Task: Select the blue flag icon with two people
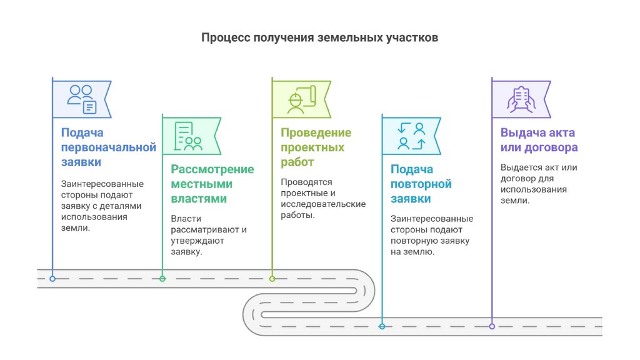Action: (81, 99)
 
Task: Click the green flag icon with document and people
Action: (189, 136)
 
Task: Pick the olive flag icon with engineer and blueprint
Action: (301, 98)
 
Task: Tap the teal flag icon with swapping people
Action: (411, 136)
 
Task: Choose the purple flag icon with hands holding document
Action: (520, 99)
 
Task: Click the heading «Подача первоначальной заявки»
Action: (107, 147)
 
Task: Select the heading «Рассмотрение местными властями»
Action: (212, 184)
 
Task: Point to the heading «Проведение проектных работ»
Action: (315, 147)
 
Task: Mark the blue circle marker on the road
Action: (52, 278)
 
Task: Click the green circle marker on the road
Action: (162, 278)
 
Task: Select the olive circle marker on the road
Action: (272, 278)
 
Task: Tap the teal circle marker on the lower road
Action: (382, 326)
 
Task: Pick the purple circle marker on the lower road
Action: (492, 326)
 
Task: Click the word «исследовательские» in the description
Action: (323, 204)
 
